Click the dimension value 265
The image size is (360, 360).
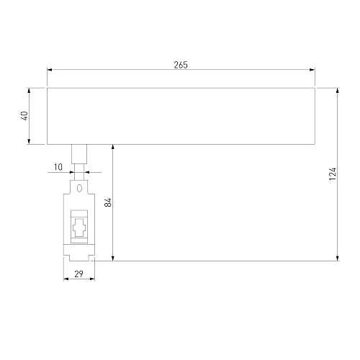coord(181,65)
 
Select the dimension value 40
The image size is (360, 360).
coord(24,116)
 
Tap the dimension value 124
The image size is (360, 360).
coord(333,174)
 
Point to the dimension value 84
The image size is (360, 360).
coord(108,202)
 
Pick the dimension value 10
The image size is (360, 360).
coord(58,167)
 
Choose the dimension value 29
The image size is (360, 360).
coord(78,274)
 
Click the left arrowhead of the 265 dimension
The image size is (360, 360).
coord(50,70)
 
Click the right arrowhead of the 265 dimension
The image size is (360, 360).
coord(312,70)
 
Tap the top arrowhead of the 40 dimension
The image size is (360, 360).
coord(29,91)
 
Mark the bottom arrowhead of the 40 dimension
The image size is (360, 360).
coord(29,141)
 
